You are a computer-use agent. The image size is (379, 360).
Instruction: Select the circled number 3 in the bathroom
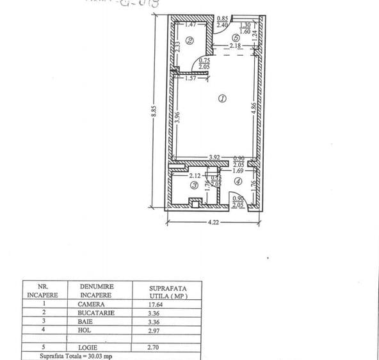coord(194,185)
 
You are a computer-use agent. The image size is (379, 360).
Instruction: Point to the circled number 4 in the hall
coord(238,182)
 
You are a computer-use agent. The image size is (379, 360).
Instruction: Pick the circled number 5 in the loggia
coord(236,37)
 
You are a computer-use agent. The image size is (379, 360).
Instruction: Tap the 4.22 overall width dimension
coord(214,223)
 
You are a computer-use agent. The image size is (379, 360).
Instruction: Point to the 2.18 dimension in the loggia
coord(236,47)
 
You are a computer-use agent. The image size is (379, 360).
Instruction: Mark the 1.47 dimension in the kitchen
coord(189,24)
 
